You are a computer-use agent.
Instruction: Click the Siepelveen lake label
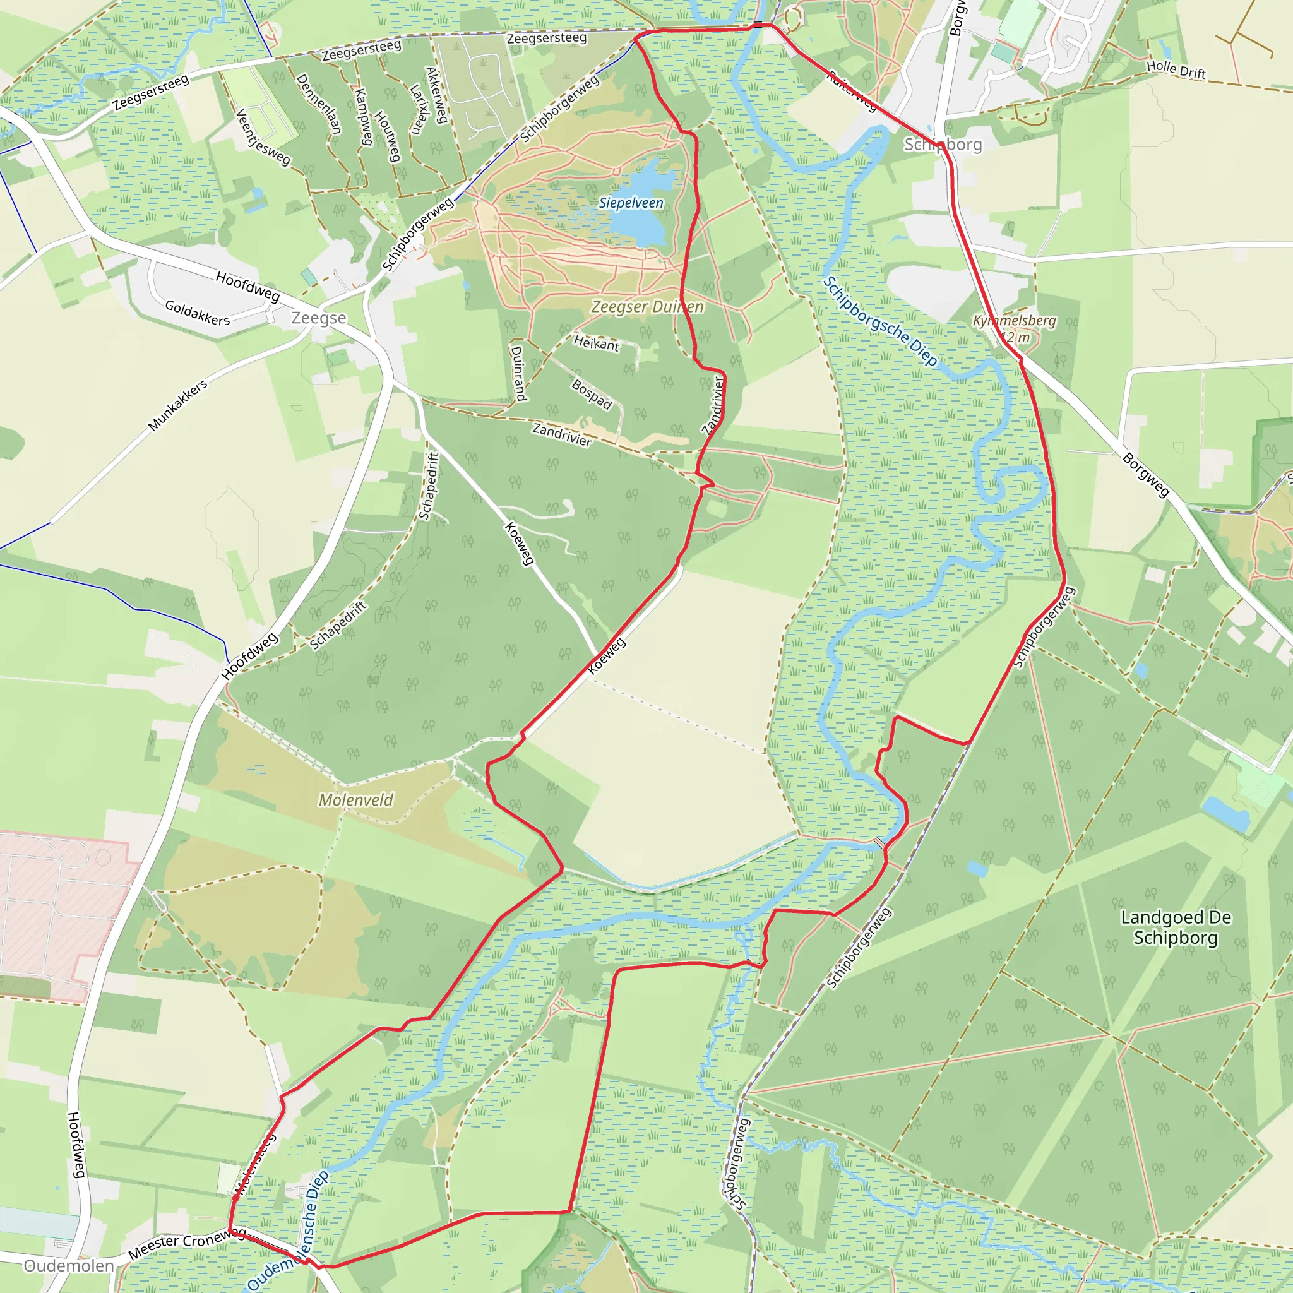[631, 203]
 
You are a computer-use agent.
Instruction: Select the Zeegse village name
[319, 318]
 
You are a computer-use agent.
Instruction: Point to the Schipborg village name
[943, 145]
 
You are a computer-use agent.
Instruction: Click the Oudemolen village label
[69, 1266]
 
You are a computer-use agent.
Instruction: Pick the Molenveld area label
[355, 800]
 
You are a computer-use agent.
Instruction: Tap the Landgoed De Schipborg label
[1176, 927]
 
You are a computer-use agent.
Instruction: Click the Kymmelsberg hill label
[1014, 321]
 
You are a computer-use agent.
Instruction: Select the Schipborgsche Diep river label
[879, 321]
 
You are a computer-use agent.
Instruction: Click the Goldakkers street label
[198, 313]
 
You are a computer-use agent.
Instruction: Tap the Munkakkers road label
[177, 405]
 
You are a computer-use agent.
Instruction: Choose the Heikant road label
[596, 343]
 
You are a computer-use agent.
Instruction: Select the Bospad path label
[592, 394]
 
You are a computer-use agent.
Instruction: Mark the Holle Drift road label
[1176, 69]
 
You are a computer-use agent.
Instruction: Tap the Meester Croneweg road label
[187, 1242]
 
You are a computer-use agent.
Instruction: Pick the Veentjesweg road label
[263, 137]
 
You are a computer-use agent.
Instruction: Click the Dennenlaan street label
[319, 104]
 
